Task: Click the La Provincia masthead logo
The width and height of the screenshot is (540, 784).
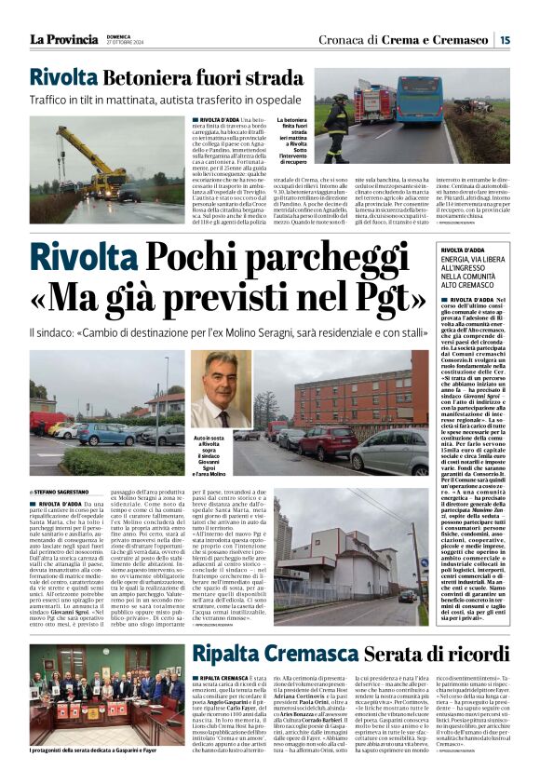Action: coord(64,39)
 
